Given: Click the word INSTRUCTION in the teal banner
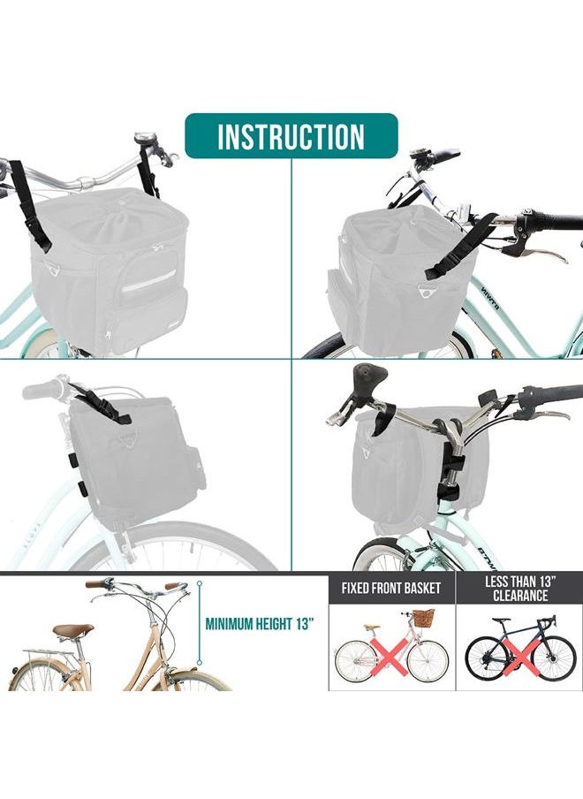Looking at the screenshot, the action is tap(291, 136).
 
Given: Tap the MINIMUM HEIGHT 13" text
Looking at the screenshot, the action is tap(259, 624).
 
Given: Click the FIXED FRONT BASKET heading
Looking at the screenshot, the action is tap(391, 588).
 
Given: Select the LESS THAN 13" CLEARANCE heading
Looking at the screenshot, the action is tap(519, 588).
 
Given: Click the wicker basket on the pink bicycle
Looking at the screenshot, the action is tap(424, 618).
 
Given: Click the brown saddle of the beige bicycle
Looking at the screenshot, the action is tap(73, 630).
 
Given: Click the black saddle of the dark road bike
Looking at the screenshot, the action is tap(501, 620).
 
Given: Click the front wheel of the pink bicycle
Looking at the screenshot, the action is tap(428, 661).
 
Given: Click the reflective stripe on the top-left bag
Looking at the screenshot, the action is tap(148, 282).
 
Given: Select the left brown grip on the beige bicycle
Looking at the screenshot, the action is tap(95, 584).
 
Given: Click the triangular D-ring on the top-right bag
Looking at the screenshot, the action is tap(424, 292).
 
